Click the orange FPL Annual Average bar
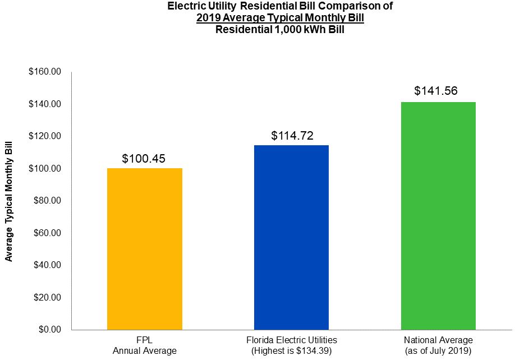click(x=144, y=248)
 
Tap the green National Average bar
click(x=438, y=215)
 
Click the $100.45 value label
click(x=144, y=159)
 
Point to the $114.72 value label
click(x=291, y=136)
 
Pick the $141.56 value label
click(x=438, y=91)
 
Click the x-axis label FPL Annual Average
click(x=144, y=345)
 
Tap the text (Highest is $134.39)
click(x=291, y=351)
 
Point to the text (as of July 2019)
click(x=438, y=351)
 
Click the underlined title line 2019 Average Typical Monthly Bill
click(x=280, y=19)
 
